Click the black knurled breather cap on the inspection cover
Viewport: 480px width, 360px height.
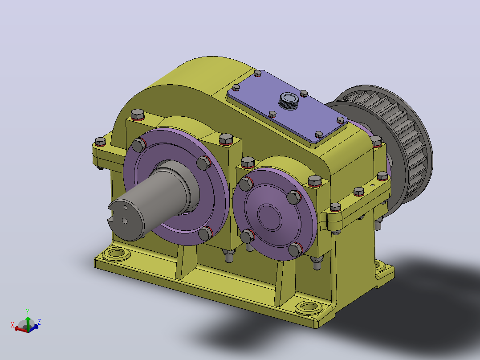pos(289,100)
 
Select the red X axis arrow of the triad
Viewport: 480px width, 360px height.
pos(20,329)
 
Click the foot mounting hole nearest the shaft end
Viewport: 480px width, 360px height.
pos(116,254)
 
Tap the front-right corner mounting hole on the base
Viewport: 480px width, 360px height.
pos(309,307)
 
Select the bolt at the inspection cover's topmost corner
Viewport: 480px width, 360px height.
pos(257,73)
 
